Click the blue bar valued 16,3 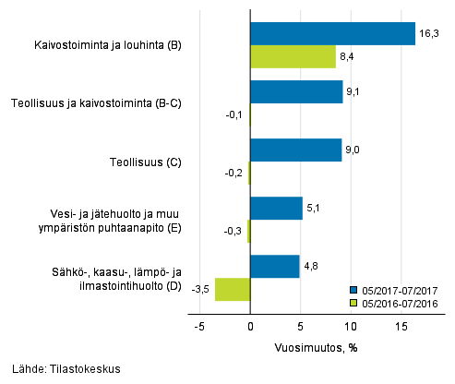pyautogui.click(x=332, y=34)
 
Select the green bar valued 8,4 pyautogui.click(x=293, y=57)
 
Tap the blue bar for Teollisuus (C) pyautogui.click(x=295, y=150)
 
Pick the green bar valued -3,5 pyautogui.click(x=233, y=289)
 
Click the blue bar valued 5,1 pyautogui.click(x=276, y=209)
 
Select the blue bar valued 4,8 pyautogui.click(x=274, y=267)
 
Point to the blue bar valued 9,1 pyautogui.click(x=296, y=92)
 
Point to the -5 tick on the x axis pyautogui.click(x=199, y=326)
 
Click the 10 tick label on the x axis pyautogui.click(x=351, y=326)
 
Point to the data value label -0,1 pyautogui.click(x=235, y=115)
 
